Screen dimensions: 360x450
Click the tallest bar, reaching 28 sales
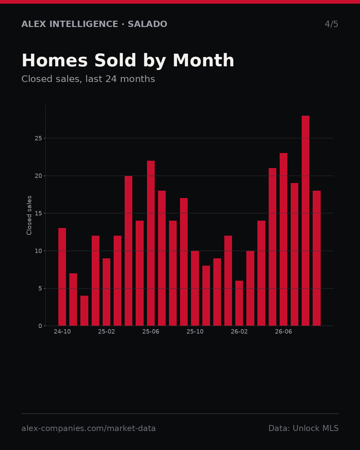(305, 221)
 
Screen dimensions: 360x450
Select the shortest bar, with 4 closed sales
(84, 311)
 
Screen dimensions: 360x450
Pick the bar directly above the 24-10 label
(62, 277)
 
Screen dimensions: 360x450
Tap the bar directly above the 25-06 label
(151, 243)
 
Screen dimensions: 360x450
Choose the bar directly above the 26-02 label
(239, 303)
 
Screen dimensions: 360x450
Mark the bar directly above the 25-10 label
(195, 288)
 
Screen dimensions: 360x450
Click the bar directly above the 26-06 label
(283, 239)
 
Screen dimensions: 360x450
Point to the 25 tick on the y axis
(38, 138)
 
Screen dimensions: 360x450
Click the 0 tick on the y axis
(40, 326)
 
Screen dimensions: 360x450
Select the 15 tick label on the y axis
(38, 213)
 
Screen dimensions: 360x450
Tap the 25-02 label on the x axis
(106, 332)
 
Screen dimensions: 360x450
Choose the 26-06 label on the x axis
(283, 332)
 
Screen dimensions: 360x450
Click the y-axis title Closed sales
(29, 215)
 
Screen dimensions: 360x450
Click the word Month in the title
(203, 60)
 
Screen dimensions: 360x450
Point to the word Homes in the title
(55, 60)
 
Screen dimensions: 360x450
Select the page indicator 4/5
(331, 24)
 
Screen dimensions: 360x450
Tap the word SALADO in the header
(147, 24)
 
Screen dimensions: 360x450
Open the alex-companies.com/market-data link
(88, 428)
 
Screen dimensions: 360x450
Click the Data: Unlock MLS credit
(304, 428)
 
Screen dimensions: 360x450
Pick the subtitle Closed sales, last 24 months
(88, 79)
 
